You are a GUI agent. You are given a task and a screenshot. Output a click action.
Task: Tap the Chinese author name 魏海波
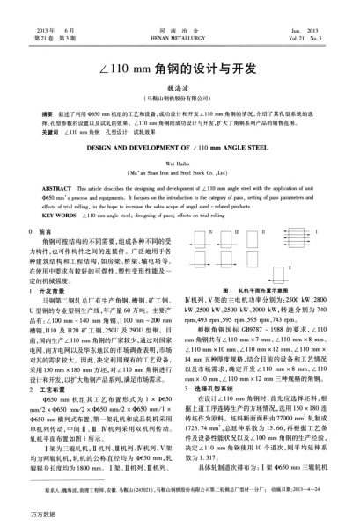pos(180,76)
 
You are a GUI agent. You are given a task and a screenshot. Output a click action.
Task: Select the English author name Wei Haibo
pos(180,158)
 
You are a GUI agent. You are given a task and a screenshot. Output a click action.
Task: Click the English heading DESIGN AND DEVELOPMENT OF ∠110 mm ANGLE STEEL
pos(180,140)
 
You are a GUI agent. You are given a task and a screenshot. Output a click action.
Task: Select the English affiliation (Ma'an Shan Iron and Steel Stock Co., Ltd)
pos(180,169)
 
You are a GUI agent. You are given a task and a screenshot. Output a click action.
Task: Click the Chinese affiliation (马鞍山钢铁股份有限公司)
pos(180,88)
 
